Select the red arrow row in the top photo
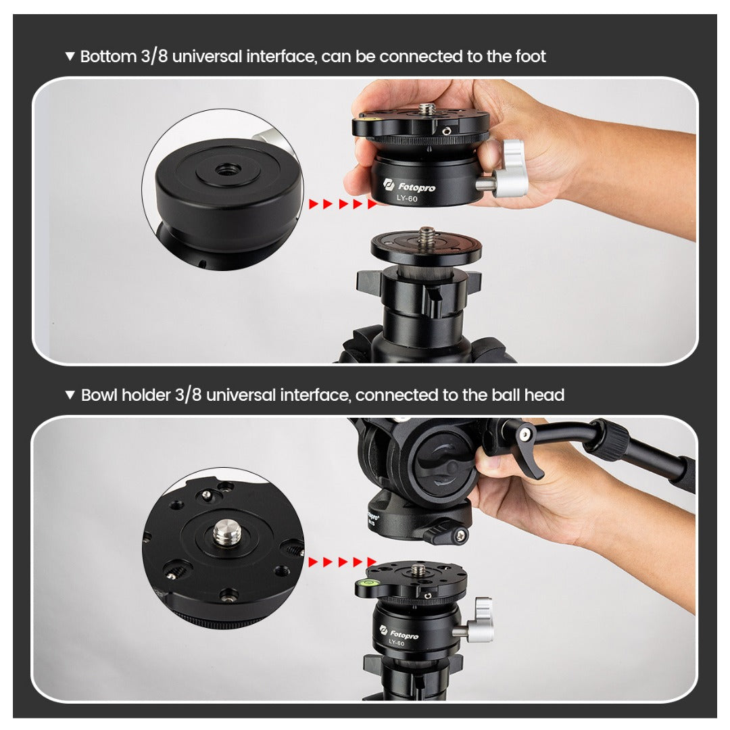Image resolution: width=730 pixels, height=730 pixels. [x=343, y=203]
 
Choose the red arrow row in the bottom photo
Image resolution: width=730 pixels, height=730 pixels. [x=343, y=562]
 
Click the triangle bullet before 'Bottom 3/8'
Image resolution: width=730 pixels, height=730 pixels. [x=70, y=56]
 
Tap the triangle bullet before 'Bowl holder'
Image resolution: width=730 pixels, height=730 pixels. [x=70, y=395]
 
